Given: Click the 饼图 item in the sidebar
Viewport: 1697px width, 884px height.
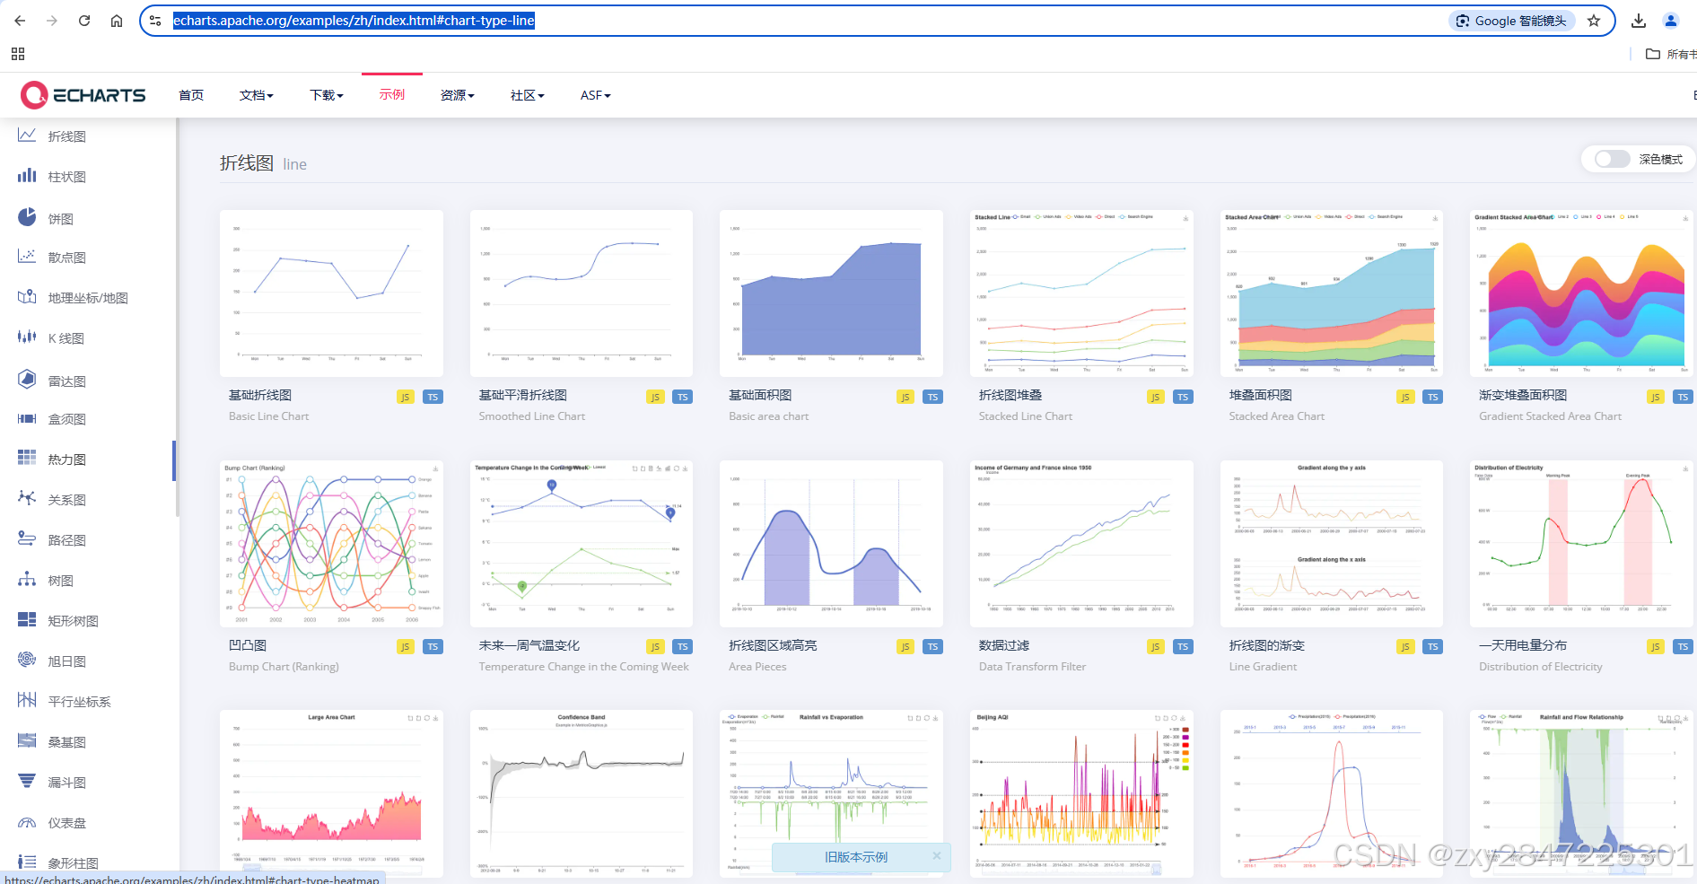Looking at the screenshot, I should pos(60,218).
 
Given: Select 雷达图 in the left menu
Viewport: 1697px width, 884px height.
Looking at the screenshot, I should pos(66,381).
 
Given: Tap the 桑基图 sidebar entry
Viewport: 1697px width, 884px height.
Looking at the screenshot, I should pos(66,742).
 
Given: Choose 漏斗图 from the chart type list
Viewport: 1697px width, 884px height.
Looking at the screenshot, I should pos(66,783).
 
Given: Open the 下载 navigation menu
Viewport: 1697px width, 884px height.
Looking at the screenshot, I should pos(326,95).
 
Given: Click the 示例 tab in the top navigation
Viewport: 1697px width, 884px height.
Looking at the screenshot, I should pos(392,95).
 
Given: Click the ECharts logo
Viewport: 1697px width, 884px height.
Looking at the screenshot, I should pos(83,95).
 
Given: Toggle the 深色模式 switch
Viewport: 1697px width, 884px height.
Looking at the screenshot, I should pos(1612,159).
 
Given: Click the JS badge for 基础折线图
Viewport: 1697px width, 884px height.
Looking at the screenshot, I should pos(405,397).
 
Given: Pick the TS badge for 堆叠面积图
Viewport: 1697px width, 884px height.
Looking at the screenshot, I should pos(1432,397).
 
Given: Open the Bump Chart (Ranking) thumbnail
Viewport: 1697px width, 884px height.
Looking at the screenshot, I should pos(331,543).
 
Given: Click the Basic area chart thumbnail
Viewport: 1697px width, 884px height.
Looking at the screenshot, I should pos(831,293).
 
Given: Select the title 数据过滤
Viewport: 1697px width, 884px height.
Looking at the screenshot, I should pos(1004,645).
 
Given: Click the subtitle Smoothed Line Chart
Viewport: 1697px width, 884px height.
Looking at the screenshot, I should pos(531,416).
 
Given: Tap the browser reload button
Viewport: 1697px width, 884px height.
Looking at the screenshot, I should pos(84,21).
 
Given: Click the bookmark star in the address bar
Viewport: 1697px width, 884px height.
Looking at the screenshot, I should pos(1594,21).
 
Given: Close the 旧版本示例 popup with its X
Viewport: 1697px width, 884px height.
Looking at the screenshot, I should pos(936,856).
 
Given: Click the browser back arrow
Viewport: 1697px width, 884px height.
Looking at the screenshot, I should pos(20,21).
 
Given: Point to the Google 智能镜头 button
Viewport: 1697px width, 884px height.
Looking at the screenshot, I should pos(1511,21).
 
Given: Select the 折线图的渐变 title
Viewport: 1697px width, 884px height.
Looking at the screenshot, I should pos(1266,645).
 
